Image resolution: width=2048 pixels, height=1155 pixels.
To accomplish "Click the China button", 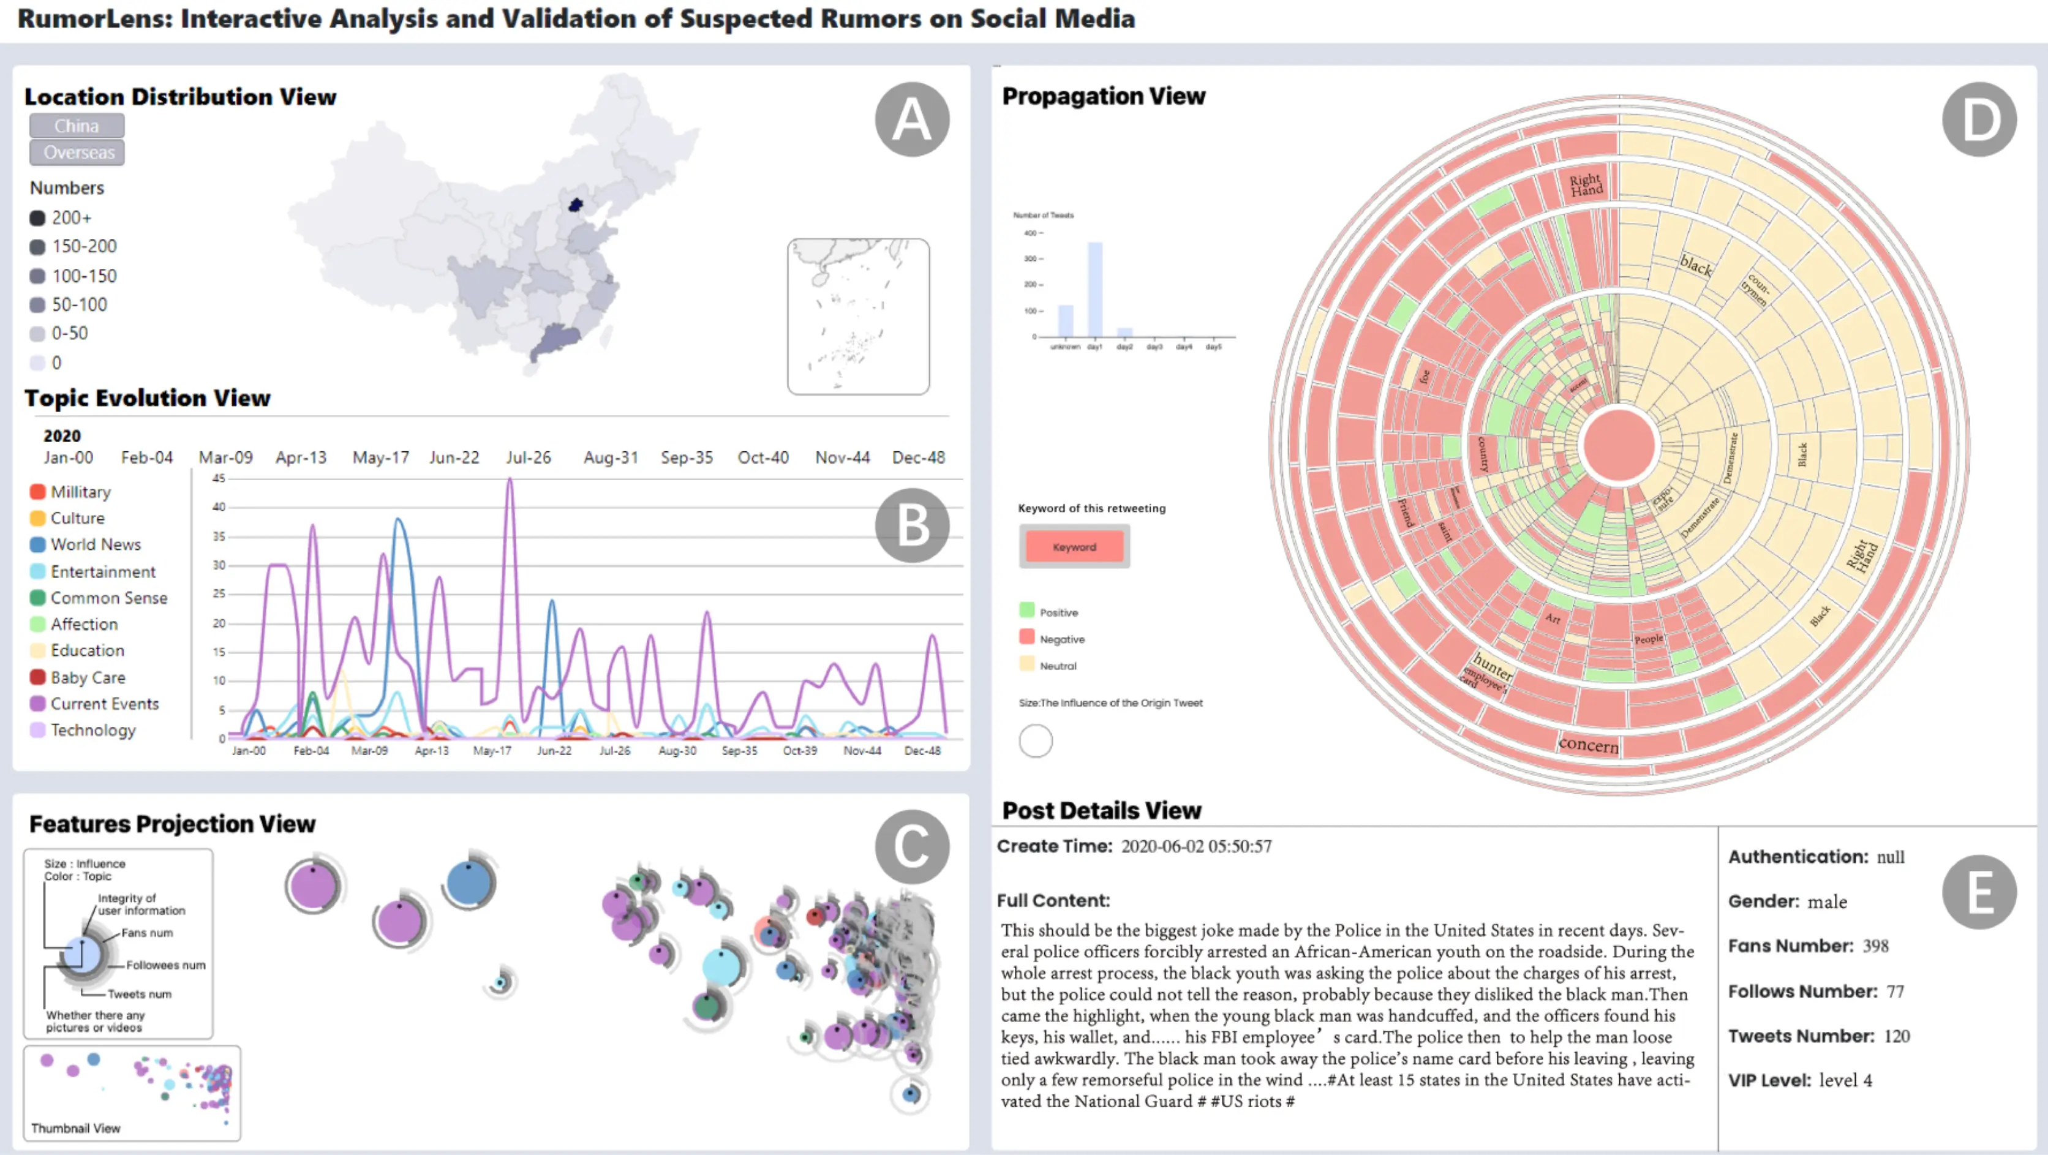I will (x=77, y=126).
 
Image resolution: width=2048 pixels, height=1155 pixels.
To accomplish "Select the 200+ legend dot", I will (x=37, y=218).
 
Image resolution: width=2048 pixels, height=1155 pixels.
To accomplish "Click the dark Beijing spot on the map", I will (x=576, y=205).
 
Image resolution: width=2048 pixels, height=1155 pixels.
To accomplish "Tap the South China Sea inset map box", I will (x=858, y=317).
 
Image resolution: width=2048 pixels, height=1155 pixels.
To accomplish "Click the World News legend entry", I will (x=96, y=544).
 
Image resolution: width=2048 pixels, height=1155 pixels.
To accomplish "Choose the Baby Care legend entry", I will (x=88, y=677).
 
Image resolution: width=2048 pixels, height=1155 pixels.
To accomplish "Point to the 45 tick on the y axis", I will (x=219, y=478).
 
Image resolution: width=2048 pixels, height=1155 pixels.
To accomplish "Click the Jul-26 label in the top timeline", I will (x=528, y=458).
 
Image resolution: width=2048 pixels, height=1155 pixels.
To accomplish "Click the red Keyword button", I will (x=1074, y=547).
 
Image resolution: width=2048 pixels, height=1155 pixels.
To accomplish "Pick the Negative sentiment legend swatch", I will (x=1026, y=638).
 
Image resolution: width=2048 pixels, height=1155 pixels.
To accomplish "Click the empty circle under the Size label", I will (x=1035, y=741).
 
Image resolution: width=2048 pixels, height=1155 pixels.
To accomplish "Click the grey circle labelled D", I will (x=1978, y=120).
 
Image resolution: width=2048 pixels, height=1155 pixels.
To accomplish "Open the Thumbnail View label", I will (x=75, y=1128).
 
